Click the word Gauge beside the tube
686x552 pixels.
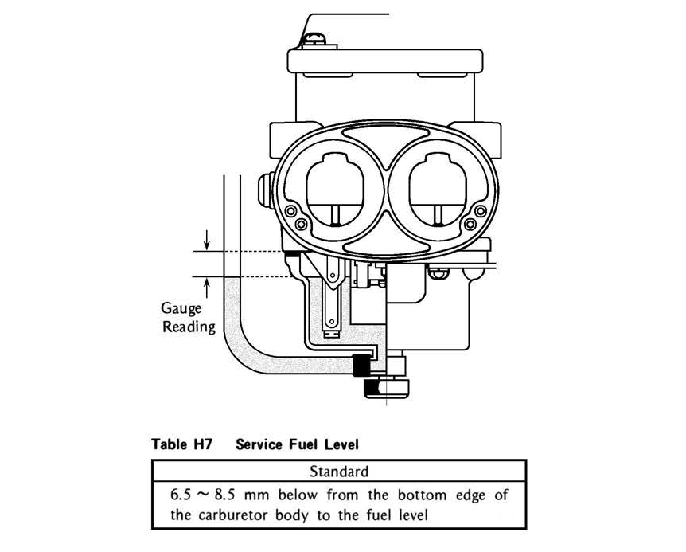[181, 308]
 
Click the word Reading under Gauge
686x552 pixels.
[189, 327]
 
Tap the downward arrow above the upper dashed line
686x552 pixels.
[207, 238]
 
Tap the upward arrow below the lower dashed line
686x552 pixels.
[207, 286]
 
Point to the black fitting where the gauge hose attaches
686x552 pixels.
[362, 364]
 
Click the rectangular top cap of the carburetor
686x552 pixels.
[385, 60]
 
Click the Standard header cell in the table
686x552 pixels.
[339, 471]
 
